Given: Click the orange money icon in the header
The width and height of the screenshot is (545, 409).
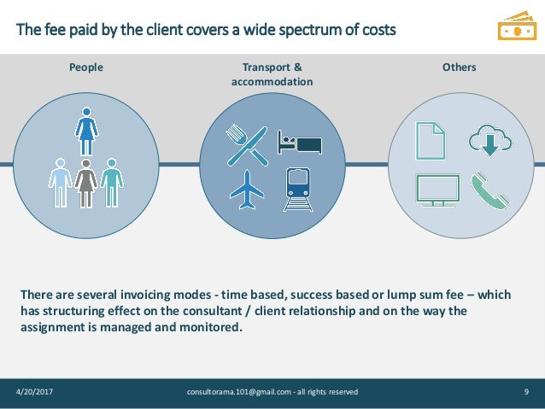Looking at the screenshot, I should coord(517,26).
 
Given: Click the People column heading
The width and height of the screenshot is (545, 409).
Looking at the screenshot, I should coord(85,67).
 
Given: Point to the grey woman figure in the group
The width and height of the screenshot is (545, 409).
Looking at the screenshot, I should coord(85,181).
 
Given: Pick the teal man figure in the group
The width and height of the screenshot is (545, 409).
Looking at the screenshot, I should coord(111,180).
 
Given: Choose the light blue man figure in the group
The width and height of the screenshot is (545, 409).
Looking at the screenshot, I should coord(60,180).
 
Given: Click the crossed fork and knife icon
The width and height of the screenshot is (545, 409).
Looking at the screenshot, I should coord(247,144).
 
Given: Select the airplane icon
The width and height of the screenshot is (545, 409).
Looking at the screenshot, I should coord(247,188).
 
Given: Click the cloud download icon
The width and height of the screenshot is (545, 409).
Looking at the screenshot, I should coord(488,142).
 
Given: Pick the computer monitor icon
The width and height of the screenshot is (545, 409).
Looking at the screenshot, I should coord(437,190).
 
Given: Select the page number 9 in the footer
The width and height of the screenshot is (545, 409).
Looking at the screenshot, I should coord(525,392).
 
